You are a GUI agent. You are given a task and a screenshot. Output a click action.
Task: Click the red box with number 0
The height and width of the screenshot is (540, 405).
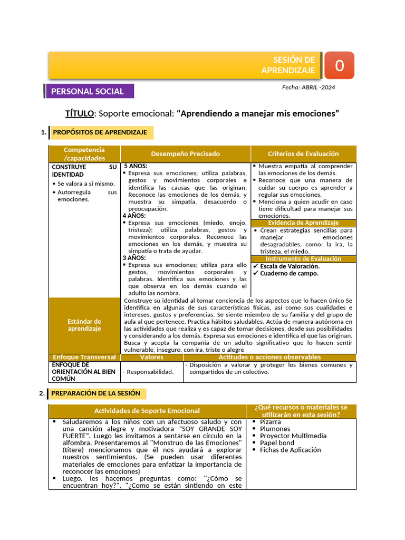(x=339, y=65)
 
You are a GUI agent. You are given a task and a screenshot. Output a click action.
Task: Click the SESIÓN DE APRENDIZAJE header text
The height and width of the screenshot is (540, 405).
(x=288, y=65)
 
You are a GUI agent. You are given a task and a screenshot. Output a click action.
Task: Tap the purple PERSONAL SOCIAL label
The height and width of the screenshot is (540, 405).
(x=88, y=91)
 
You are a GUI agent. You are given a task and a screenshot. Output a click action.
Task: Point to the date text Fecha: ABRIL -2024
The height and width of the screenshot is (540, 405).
(x=308, y=87)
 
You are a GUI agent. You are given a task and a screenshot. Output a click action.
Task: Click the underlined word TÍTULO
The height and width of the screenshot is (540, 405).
(x=80, y=113)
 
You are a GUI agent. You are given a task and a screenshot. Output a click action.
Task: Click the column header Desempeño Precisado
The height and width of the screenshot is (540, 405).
(x=186, y=154)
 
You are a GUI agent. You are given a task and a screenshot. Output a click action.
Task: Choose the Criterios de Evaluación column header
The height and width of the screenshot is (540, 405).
(x=303, y=154)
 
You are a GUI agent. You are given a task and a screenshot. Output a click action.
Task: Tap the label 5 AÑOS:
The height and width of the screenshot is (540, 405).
(x=136, y=166)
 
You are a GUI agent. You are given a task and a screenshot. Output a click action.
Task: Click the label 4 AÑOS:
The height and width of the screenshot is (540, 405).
(x=134, y=216)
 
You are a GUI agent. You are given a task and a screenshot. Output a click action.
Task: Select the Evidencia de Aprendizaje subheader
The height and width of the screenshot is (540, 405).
(x=303, y=223)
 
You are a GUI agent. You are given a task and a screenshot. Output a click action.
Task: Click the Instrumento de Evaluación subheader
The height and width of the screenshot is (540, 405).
(x=303, y=259)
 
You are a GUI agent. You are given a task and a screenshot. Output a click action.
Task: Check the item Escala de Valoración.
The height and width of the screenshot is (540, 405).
(x=290, y=266)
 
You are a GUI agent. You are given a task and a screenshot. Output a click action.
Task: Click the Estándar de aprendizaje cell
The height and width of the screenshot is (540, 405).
(x=84, y=325)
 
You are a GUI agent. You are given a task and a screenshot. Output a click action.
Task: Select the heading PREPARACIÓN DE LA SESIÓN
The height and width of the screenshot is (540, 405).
(x=95, y=393)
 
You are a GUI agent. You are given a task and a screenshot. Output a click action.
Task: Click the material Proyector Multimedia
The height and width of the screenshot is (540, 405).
(x=293, y=436)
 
